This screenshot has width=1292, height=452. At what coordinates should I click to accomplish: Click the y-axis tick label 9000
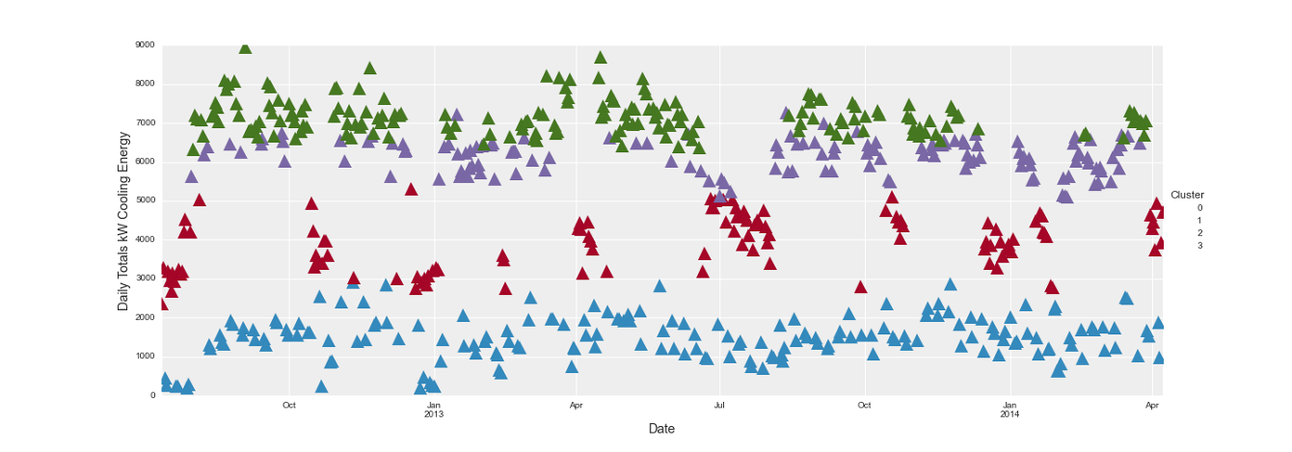[144, 44]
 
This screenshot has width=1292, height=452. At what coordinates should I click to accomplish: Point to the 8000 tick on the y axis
[144, 84]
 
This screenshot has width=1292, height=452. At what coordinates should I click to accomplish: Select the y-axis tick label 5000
[144, 200]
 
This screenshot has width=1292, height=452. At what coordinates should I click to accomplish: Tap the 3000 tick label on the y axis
[144, 279]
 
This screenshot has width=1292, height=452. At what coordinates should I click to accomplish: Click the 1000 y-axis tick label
[144, 357]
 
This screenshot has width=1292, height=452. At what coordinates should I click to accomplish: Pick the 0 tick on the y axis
[152, 395]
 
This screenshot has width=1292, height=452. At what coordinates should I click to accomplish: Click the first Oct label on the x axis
[289, 405]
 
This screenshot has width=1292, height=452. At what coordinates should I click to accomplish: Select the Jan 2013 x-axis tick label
[434, 409]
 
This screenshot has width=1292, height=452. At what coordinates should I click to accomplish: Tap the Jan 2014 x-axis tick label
[1009, 409]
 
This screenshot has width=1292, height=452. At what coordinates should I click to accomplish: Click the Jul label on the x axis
[719, 405]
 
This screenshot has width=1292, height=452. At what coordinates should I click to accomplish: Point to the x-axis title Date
[661, 429]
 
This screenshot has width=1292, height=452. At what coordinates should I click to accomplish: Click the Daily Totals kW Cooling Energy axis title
[123, 221]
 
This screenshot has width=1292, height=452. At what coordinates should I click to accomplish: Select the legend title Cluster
[1186, 195]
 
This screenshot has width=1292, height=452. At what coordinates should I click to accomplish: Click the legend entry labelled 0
[1199, 208]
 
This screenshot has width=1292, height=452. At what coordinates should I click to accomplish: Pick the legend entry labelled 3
[1199, 246]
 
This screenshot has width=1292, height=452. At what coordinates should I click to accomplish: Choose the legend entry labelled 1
[1199, 221]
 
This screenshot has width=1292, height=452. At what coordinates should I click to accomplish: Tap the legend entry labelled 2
[1199, 233]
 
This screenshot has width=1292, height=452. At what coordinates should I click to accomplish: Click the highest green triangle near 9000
[245, 47]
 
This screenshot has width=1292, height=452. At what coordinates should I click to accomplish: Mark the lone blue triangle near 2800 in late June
[659, 286]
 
